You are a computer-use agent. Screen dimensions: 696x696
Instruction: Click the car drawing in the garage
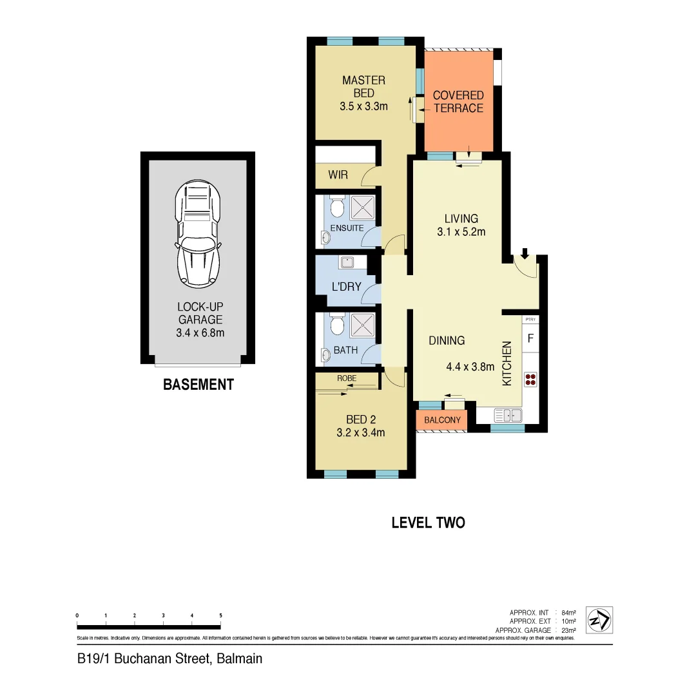tap(198, 233)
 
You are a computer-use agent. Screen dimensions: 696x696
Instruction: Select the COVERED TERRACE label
tap(458, 102)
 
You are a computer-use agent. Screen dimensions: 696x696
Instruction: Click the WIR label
tap(338, 175)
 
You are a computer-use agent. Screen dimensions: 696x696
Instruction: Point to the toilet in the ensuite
tap(336, 208)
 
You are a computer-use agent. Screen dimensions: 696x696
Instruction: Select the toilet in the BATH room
tap(336, 324)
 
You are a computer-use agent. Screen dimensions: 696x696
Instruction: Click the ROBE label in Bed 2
tap(346, 379)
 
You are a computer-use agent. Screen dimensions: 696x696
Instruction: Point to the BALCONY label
tap(443, 420)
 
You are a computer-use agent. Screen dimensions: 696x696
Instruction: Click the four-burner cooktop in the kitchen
tap(530, 379)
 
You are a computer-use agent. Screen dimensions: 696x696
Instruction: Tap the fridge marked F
tap(530, 338)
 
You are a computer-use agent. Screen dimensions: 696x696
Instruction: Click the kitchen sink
tap(508, 414)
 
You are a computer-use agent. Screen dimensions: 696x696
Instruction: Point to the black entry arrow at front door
tap(525, 253)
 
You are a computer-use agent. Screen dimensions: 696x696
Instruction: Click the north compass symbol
tap(600, 620)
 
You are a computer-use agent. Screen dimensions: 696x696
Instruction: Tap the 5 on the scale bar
tap(221, 615)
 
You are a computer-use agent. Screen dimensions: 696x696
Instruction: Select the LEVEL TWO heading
tap(428, 523)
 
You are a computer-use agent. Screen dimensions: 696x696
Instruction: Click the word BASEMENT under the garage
tap(198, 385)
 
